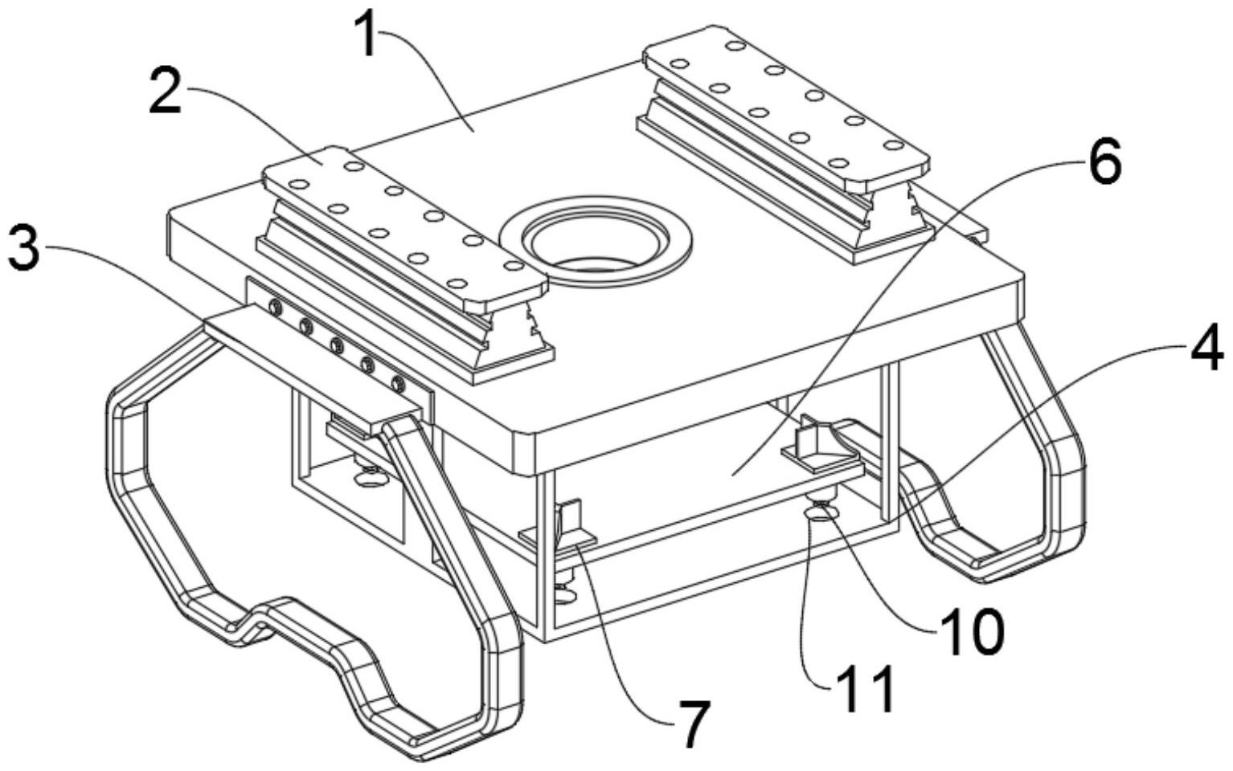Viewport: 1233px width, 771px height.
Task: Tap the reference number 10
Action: [x=972, y=633]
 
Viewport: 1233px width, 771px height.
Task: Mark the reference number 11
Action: [x=864, y=690]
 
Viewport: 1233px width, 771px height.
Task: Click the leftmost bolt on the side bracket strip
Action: [x=275, y=307]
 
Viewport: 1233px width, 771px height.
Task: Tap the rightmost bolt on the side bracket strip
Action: [x=397, y=383]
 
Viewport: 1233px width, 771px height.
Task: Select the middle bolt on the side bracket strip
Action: [x=337, y=345]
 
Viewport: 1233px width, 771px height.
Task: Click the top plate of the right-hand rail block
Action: [x=786, y=105]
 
